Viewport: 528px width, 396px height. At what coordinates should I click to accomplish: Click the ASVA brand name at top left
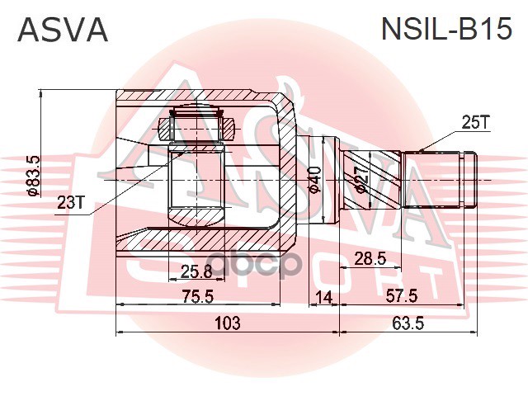(63, 30)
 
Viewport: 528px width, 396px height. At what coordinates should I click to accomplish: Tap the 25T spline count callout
(475, 123)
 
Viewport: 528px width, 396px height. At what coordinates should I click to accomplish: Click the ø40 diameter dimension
(314, 177)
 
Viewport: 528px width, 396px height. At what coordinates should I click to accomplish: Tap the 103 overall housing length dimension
(226, 323)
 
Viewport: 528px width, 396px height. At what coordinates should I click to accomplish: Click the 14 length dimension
(324, 295)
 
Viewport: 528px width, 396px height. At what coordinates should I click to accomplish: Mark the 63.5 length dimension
(408, 323)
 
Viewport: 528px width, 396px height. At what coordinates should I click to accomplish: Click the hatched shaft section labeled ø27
(371, 177)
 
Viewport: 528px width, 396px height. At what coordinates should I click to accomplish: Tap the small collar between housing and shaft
(328, 177)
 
